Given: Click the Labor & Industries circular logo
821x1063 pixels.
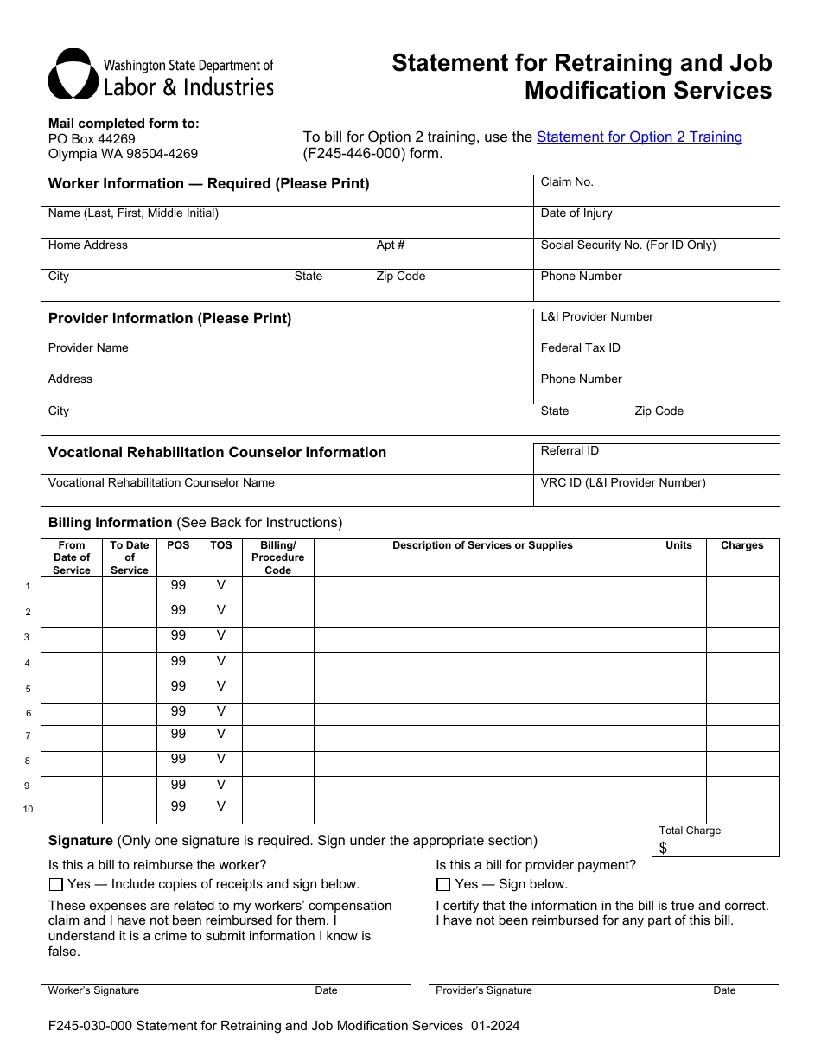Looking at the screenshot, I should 73,74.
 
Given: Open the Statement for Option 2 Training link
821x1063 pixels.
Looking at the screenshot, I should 639,137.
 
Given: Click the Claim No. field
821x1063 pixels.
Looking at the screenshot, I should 657,192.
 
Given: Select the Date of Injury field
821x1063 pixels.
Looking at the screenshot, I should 657,224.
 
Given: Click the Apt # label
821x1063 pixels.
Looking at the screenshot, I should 391,245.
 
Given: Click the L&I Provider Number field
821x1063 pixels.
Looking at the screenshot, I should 657,327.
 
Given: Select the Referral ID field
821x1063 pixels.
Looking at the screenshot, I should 657,461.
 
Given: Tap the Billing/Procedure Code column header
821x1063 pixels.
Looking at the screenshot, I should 277,557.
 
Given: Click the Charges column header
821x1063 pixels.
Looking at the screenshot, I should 741,545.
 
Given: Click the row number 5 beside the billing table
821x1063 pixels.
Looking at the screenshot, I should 28,689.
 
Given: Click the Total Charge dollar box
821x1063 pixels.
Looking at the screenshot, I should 716,842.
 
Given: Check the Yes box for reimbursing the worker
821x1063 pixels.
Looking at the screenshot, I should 56,885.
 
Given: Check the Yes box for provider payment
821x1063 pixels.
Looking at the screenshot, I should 443,885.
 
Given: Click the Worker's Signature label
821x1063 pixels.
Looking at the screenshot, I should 93,990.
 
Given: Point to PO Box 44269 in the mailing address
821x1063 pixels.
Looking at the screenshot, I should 92,138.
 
